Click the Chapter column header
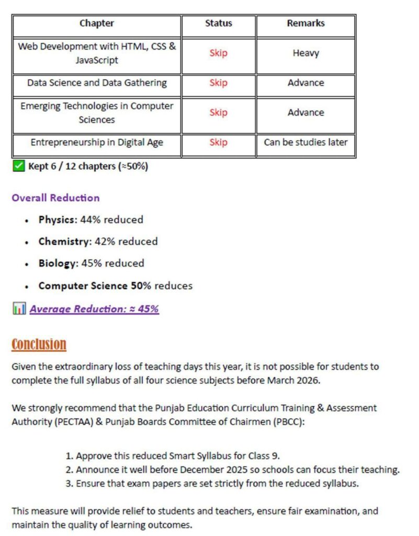coord(97,24)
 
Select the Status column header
coord(219,24)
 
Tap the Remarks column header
coord(305,24)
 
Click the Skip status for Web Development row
coord(219,53)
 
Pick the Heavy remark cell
coord(305,53)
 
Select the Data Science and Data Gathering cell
coord(97,83)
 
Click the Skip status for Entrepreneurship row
coord(219,142)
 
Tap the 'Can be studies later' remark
coord(305,142)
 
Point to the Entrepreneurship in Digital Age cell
coord(97,142)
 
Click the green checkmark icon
coord(18,166)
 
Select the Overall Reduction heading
coord(55,198)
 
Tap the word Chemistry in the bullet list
coord(63,241)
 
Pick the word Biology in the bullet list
coord(58,263)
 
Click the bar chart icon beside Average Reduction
coord(18,309)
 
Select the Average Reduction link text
coord(94,309)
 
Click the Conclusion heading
coord(39,344)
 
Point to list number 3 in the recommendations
coord(69,484)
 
